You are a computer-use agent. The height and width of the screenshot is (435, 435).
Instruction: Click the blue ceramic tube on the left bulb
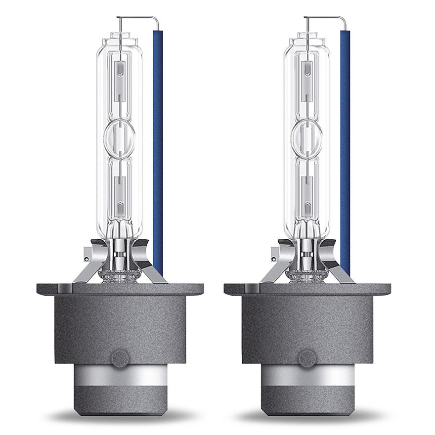(x=158, y=148)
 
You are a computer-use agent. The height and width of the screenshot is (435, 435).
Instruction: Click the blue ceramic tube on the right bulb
(x=345, y=148)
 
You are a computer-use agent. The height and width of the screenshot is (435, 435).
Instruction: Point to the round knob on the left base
(x=120, y=358)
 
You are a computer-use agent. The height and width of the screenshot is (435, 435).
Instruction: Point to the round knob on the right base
(x=307, y=358)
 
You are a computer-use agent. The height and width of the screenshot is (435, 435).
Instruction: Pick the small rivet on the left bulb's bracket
(x=87, y=259)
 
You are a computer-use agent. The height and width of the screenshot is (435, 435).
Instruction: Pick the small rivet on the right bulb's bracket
(x=274, y=259)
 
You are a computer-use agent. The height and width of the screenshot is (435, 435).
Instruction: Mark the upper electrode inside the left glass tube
(x=119, y=79)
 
